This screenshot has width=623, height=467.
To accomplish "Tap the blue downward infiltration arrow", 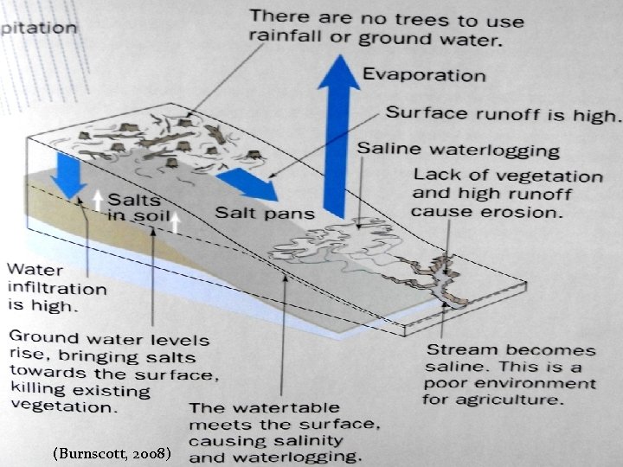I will coord(64,172).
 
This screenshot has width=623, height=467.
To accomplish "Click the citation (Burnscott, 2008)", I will coord(117,452).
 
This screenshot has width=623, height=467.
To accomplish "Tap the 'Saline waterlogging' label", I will coord(459,150).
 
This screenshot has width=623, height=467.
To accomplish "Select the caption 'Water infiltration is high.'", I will coord(56,286).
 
